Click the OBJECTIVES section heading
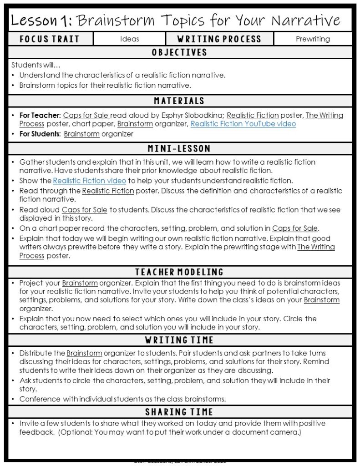click(179, 52)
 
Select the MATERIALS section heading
click(179, 101)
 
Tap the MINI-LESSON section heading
click(179, 149)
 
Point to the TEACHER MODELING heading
click(179, 272)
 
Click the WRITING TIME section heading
click(179, 340)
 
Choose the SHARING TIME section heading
click(179, 412)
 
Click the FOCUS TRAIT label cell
click(50, 39)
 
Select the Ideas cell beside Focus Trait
click(129, 39)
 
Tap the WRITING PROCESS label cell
click(219, 39)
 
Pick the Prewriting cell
click(313, 39)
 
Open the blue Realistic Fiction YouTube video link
click(243, 124)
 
